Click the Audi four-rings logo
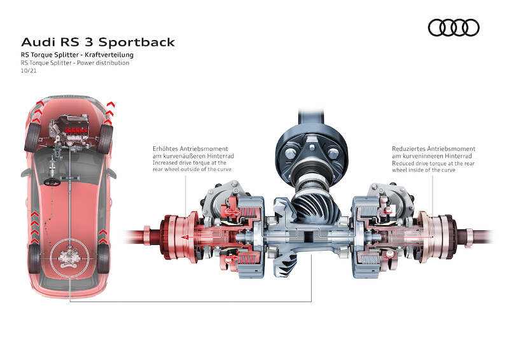[453, 27]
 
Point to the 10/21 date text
[29, 72]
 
